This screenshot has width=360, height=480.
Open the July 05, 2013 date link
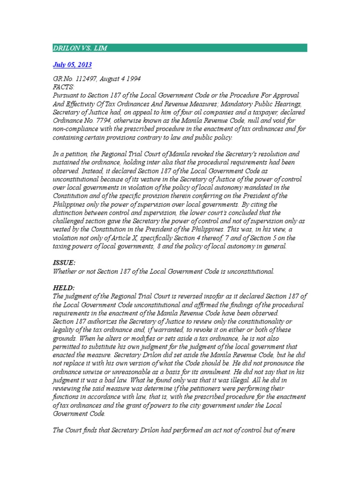72,64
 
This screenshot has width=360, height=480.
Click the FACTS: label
61,87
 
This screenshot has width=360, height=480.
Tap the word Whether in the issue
64,271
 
